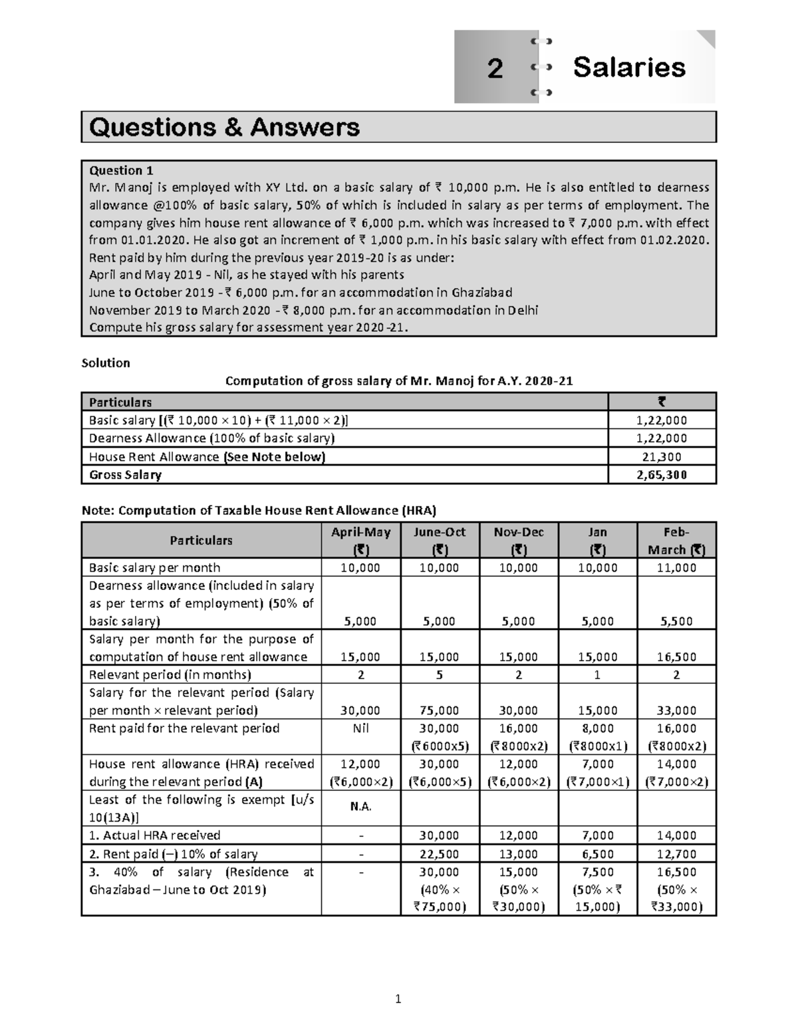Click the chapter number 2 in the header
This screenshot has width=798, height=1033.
click(495, 69)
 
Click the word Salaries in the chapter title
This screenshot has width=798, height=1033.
click(629, 67)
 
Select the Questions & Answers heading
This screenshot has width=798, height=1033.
click(224, 126)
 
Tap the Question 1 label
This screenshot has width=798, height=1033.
click(121, 170)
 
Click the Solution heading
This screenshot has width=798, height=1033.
click(105, 363)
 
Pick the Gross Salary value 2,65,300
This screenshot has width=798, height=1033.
click(662, 475)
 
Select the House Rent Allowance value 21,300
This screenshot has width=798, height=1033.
click(662, 457)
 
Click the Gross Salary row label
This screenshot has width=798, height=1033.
click(125, 475)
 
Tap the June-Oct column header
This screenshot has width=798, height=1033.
click(440, 541)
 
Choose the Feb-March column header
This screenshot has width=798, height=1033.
click(676, 541)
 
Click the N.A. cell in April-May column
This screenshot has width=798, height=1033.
click(360, 808)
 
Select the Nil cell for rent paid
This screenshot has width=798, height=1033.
click(360, 728)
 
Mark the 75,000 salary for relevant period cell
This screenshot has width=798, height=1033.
click(440, 710)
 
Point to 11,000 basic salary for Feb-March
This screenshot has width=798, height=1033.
click(676, 567)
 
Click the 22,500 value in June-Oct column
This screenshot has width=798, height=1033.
click(440, 854)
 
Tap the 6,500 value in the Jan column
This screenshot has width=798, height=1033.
click(598, 854)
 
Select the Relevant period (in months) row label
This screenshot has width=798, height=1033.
click(170, 674)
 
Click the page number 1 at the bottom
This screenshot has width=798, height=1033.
click(398, 998)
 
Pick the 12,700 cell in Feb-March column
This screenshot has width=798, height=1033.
click(676, 854)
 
